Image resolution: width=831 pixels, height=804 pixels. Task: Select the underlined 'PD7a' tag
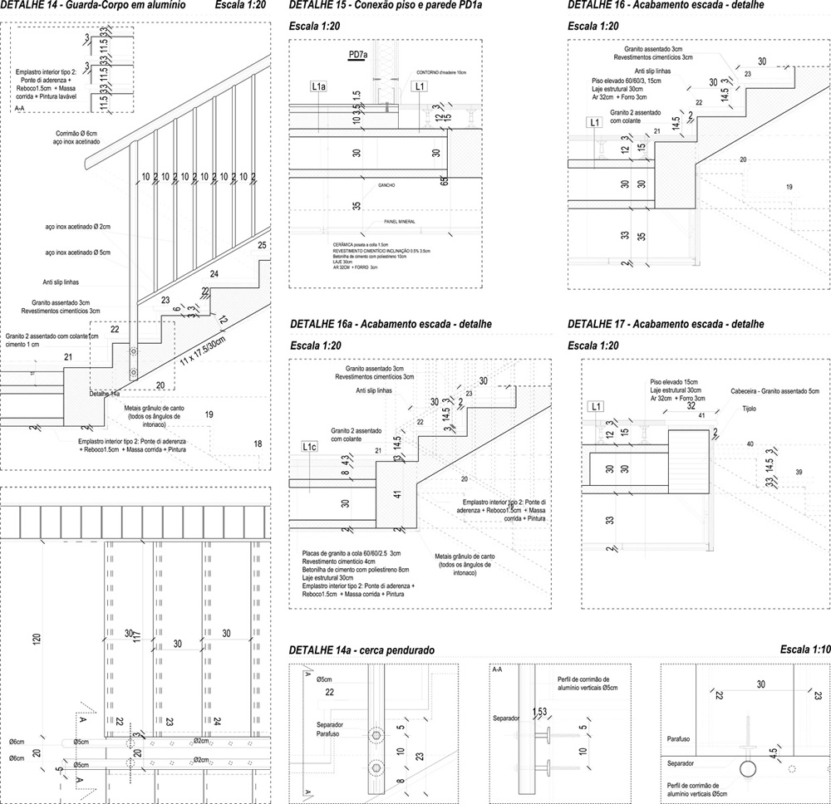[x=358, y=55]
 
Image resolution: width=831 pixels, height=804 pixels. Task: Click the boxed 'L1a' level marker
[x=318, y=86]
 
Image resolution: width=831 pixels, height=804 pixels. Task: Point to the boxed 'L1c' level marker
[x=309, y=447]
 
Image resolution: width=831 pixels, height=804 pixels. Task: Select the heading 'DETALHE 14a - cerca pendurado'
[x=361, y=650]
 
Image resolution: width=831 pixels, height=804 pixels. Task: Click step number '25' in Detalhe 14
[x=262, y=246]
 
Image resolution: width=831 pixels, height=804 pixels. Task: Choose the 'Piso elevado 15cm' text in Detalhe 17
[x=676, y=381]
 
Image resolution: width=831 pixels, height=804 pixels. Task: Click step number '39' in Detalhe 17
[x=799, y=472]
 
